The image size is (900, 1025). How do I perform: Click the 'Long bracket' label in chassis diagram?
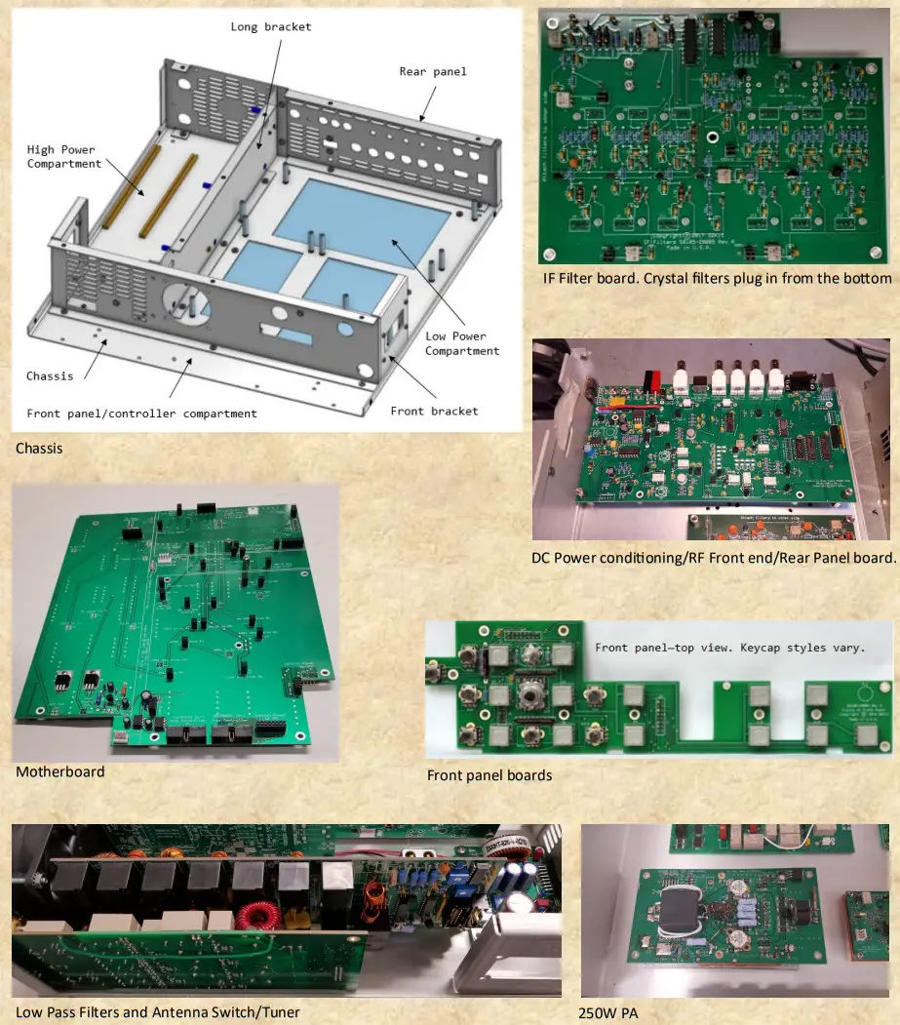tap(271, 26)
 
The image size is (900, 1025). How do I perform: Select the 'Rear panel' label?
tap(433, 71)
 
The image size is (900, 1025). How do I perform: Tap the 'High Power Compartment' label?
tap(63, 156)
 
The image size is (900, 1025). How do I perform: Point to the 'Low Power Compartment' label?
tap(462, 343)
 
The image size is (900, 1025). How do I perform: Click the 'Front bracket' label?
tap(434, 411)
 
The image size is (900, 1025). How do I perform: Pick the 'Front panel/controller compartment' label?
tap(142, 414)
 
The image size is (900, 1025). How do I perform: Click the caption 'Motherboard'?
tap(59, 771)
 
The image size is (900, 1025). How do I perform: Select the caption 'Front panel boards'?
tap(489, 775)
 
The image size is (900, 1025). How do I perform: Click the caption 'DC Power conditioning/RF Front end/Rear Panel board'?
tap(713, 558)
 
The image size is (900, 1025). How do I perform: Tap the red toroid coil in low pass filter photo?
tap(262, 917)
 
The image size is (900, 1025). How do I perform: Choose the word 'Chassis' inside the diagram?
tap(49, 375)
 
